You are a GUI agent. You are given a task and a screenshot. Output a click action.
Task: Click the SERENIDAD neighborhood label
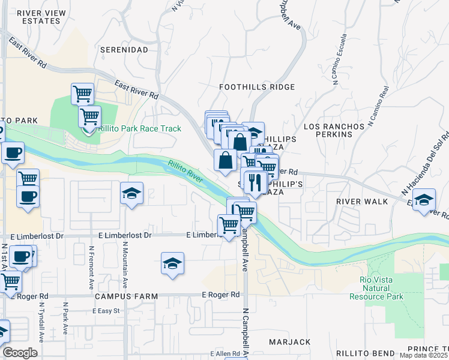point(124,49)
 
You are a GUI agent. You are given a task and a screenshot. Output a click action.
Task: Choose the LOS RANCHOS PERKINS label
point(334,131)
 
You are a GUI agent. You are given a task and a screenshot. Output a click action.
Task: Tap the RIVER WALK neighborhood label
point(362,202)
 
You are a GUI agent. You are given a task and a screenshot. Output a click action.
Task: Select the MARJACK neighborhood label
point(290,342)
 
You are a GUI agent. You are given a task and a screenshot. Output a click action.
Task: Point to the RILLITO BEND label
point(365,353)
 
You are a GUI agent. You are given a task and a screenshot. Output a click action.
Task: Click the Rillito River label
point(185,172)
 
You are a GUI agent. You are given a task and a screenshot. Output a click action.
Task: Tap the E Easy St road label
point(106,311)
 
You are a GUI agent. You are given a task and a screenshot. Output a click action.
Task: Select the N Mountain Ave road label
point(125,265)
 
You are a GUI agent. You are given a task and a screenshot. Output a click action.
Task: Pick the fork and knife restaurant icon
point(255,182)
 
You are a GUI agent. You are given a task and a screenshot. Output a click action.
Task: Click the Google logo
point(20,353)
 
